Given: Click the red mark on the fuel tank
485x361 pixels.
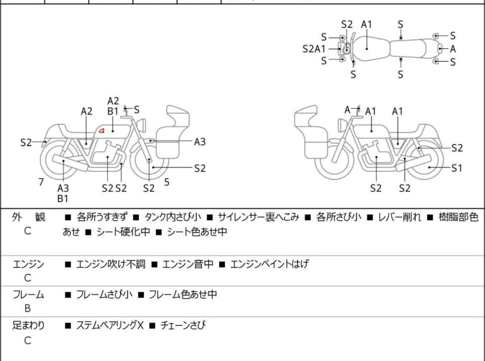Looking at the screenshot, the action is (x=101, y=131).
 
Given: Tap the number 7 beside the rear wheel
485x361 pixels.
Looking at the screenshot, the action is (x=41, y=182).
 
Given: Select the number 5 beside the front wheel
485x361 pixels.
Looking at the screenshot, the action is (x=167, y=182).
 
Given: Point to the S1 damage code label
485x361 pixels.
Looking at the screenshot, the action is (x=457, y=168).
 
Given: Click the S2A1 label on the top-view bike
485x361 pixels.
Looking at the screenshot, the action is (x=314, y=49).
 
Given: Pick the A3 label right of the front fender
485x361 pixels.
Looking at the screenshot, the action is (x=200, y=142).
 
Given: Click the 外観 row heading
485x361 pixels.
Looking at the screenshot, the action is (x=28, y=217).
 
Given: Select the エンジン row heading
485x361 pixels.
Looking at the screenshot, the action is (x=28, y=264).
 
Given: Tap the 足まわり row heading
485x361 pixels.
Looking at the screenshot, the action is (x=28, y=326).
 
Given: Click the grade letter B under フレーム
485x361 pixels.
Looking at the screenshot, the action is (x=28, y=308).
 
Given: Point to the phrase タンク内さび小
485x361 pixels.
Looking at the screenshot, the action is (x=173, y=217).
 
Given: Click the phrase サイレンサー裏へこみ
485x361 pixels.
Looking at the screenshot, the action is (x=259, y=217).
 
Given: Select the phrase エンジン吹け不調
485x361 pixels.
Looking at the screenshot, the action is (x=110, y=264).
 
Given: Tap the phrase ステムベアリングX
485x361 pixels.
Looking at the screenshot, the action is (x=110, y=326).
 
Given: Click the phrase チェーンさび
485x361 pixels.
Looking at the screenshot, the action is (x=183, y=326).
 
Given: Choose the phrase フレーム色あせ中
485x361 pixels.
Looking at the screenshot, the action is (x=183, y=294).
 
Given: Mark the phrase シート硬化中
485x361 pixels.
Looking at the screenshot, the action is (x=123, y=232).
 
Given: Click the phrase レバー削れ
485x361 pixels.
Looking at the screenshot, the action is (x=400, y=217).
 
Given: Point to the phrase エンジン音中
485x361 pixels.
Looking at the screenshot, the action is (x=188, y=264).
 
